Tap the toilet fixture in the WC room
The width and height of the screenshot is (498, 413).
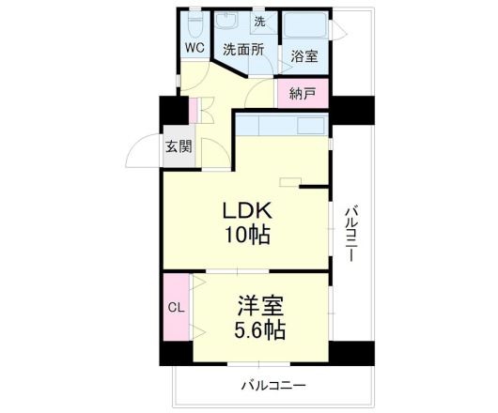[x=195, y=20]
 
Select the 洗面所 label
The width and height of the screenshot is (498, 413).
[x=241, y=49]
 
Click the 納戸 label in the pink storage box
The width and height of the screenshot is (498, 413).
[x=303, y=93]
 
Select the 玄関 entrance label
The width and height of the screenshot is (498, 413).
[x=179, y=146]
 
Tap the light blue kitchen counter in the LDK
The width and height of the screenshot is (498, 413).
[x=282, y=124]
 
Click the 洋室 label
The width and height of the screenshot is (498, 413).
[x=260, y=306]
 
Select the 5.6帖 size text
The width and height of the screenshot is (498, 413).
[x=260, y=331]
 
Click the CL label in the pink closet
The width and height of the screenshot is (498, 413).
[x=176, y=307]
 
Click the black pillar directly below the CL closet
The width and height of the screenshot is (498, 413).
[x=176, y=355]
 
